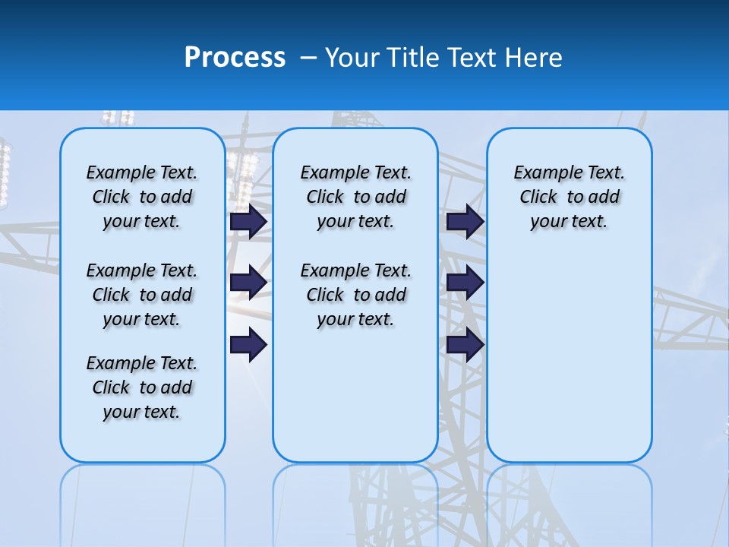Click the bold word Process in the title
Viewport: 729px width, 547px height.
click(x=235, y=58)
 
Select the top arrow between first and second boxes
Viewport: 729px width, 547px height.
click(x=248, y=221)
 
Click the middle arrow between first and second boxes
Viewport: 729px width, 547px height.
click(x=248, y=283)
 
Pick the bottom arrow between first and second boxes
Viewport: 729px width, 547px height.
click(x=248, y=345)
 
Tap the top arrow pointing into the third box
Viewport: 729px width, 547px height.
click(x=465, y=221)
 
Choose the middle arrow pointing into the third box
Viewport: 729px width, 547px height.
click(x=465, y=283)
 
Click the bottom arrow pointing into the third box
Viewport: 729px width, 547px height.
click(x=465, y=345)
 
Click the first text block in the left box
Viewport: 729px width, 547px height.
click(x=142, y=197)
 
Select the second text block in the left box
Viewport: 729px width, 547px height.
click(x=142, y=295)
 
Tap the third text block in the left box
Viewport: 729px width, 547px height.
click(x=142, y=387)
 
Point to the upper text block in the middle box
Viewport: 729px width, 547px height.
click(x=355, y=197)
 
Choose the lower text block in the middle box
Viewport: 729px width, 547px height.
click(x=355, y=295)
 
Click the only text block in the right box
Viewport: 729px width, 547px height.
click(x=569, y=197)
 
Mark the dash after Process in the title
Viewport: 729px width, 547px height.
click(x=308, y=58)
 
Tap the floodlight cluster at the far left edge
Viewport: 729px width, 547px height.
click(x=5, y=175)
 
